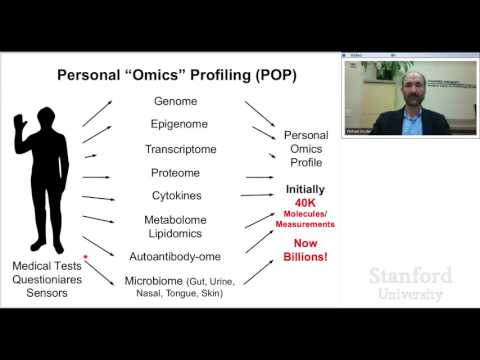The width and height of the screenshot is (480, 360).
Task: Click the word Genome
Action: (x=175, y=101)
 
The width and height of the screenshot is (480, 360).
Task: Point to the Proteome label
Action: (x=175, y=172)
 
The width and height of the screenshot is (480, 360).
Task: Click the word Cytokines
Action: (x=176, y=195)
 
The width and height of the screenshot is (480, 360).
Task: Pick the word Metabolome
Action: (x=176, y=219)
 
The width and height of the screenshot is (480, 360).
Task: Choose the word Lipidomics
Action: (x=176, y=233)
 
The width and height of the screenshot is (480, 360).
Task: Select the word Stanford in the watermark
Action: (x=410, y=275)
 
